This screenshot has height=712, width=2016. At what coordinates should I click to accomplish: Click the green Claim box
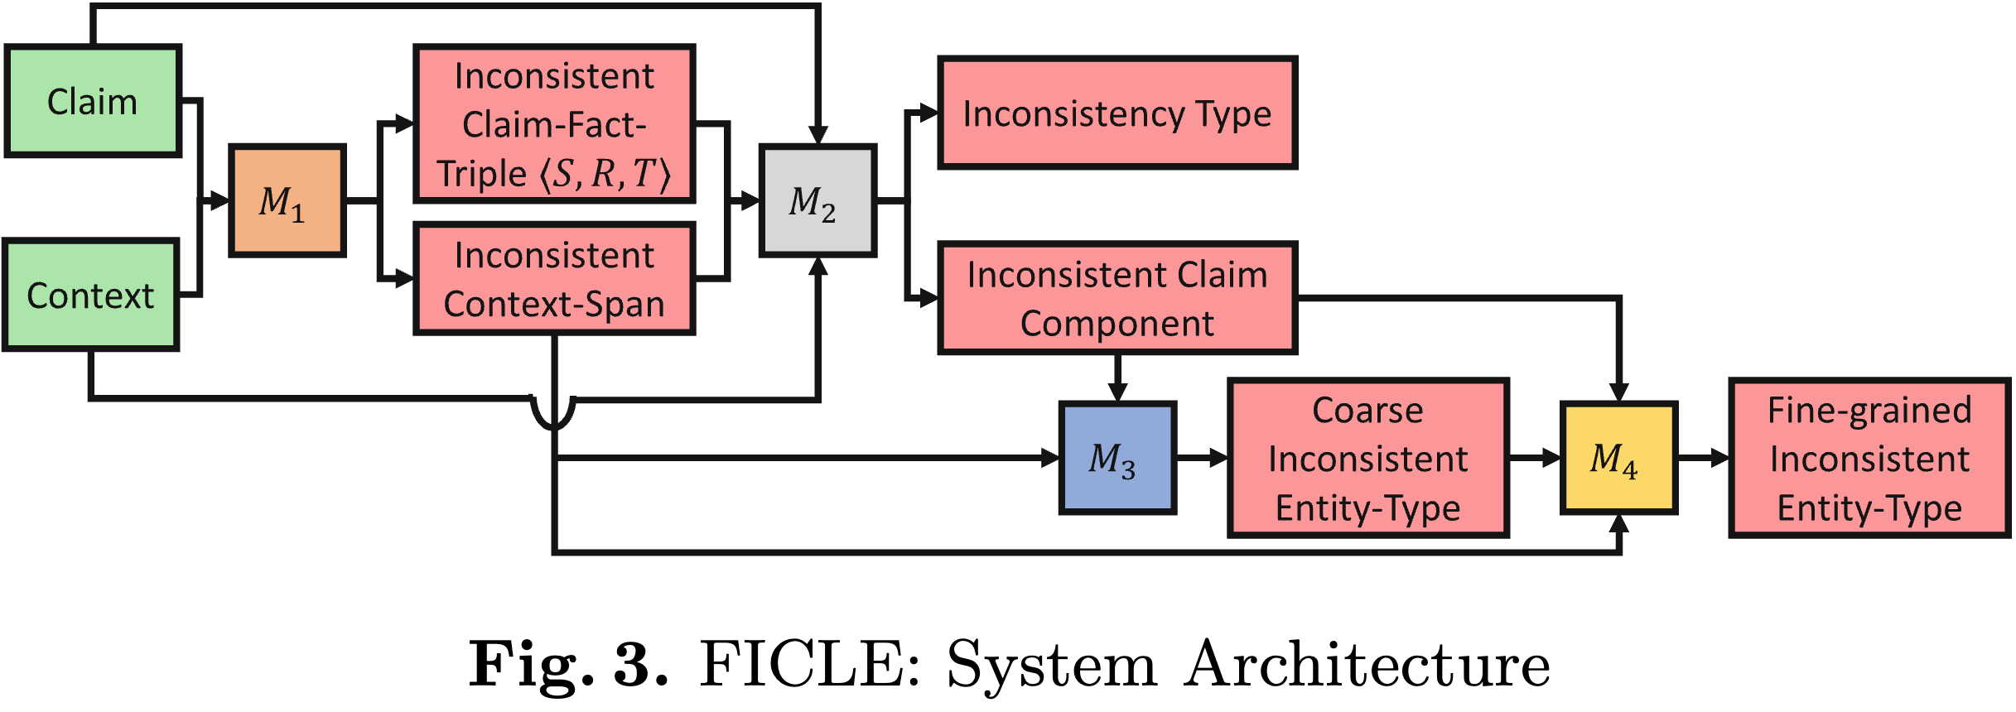93,101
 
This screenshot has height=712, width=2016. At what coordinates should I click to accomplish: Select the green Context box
91,296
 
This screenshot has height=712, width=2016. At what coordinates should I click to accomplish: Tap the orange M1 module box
287,201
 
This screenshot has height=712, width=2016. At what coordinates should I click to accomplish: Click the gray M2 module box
817,201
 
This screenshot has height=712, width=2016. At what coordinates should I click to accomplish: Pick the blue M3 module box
1117,458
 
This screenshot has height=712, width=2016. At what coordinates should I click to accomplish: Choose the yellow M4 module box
1618,458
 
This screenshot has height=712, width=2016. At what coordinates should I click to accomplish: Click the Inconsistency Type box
1117,113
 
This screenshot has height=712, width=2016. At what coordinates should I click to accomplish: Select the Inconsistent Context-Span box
553,279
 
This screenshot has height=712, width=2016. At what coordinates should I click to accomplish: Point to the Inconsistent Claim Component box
1117,299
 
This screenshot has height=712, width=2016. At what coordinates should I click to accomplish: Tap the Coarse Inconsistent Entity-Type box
1367,458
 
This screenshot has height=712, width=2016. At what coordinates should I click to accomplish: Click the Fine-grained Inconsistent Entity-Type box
1869,458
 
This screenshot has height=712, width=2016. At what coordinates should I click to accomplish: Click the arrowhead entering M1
219,200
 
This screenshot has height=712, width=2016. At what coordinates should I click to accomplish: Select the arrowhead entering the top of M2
817,135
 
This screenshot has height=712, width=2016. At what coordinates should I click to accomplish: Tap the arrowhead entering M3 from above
1117,392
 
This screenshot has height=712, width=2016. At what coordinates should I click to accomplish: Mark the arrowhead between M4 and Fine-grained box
1719,458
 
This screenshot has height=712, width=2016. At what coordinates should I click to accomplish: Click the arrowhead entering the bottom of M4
1618,524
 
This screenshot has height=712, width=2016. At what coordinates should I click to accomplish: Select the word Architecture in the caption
1367,664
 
